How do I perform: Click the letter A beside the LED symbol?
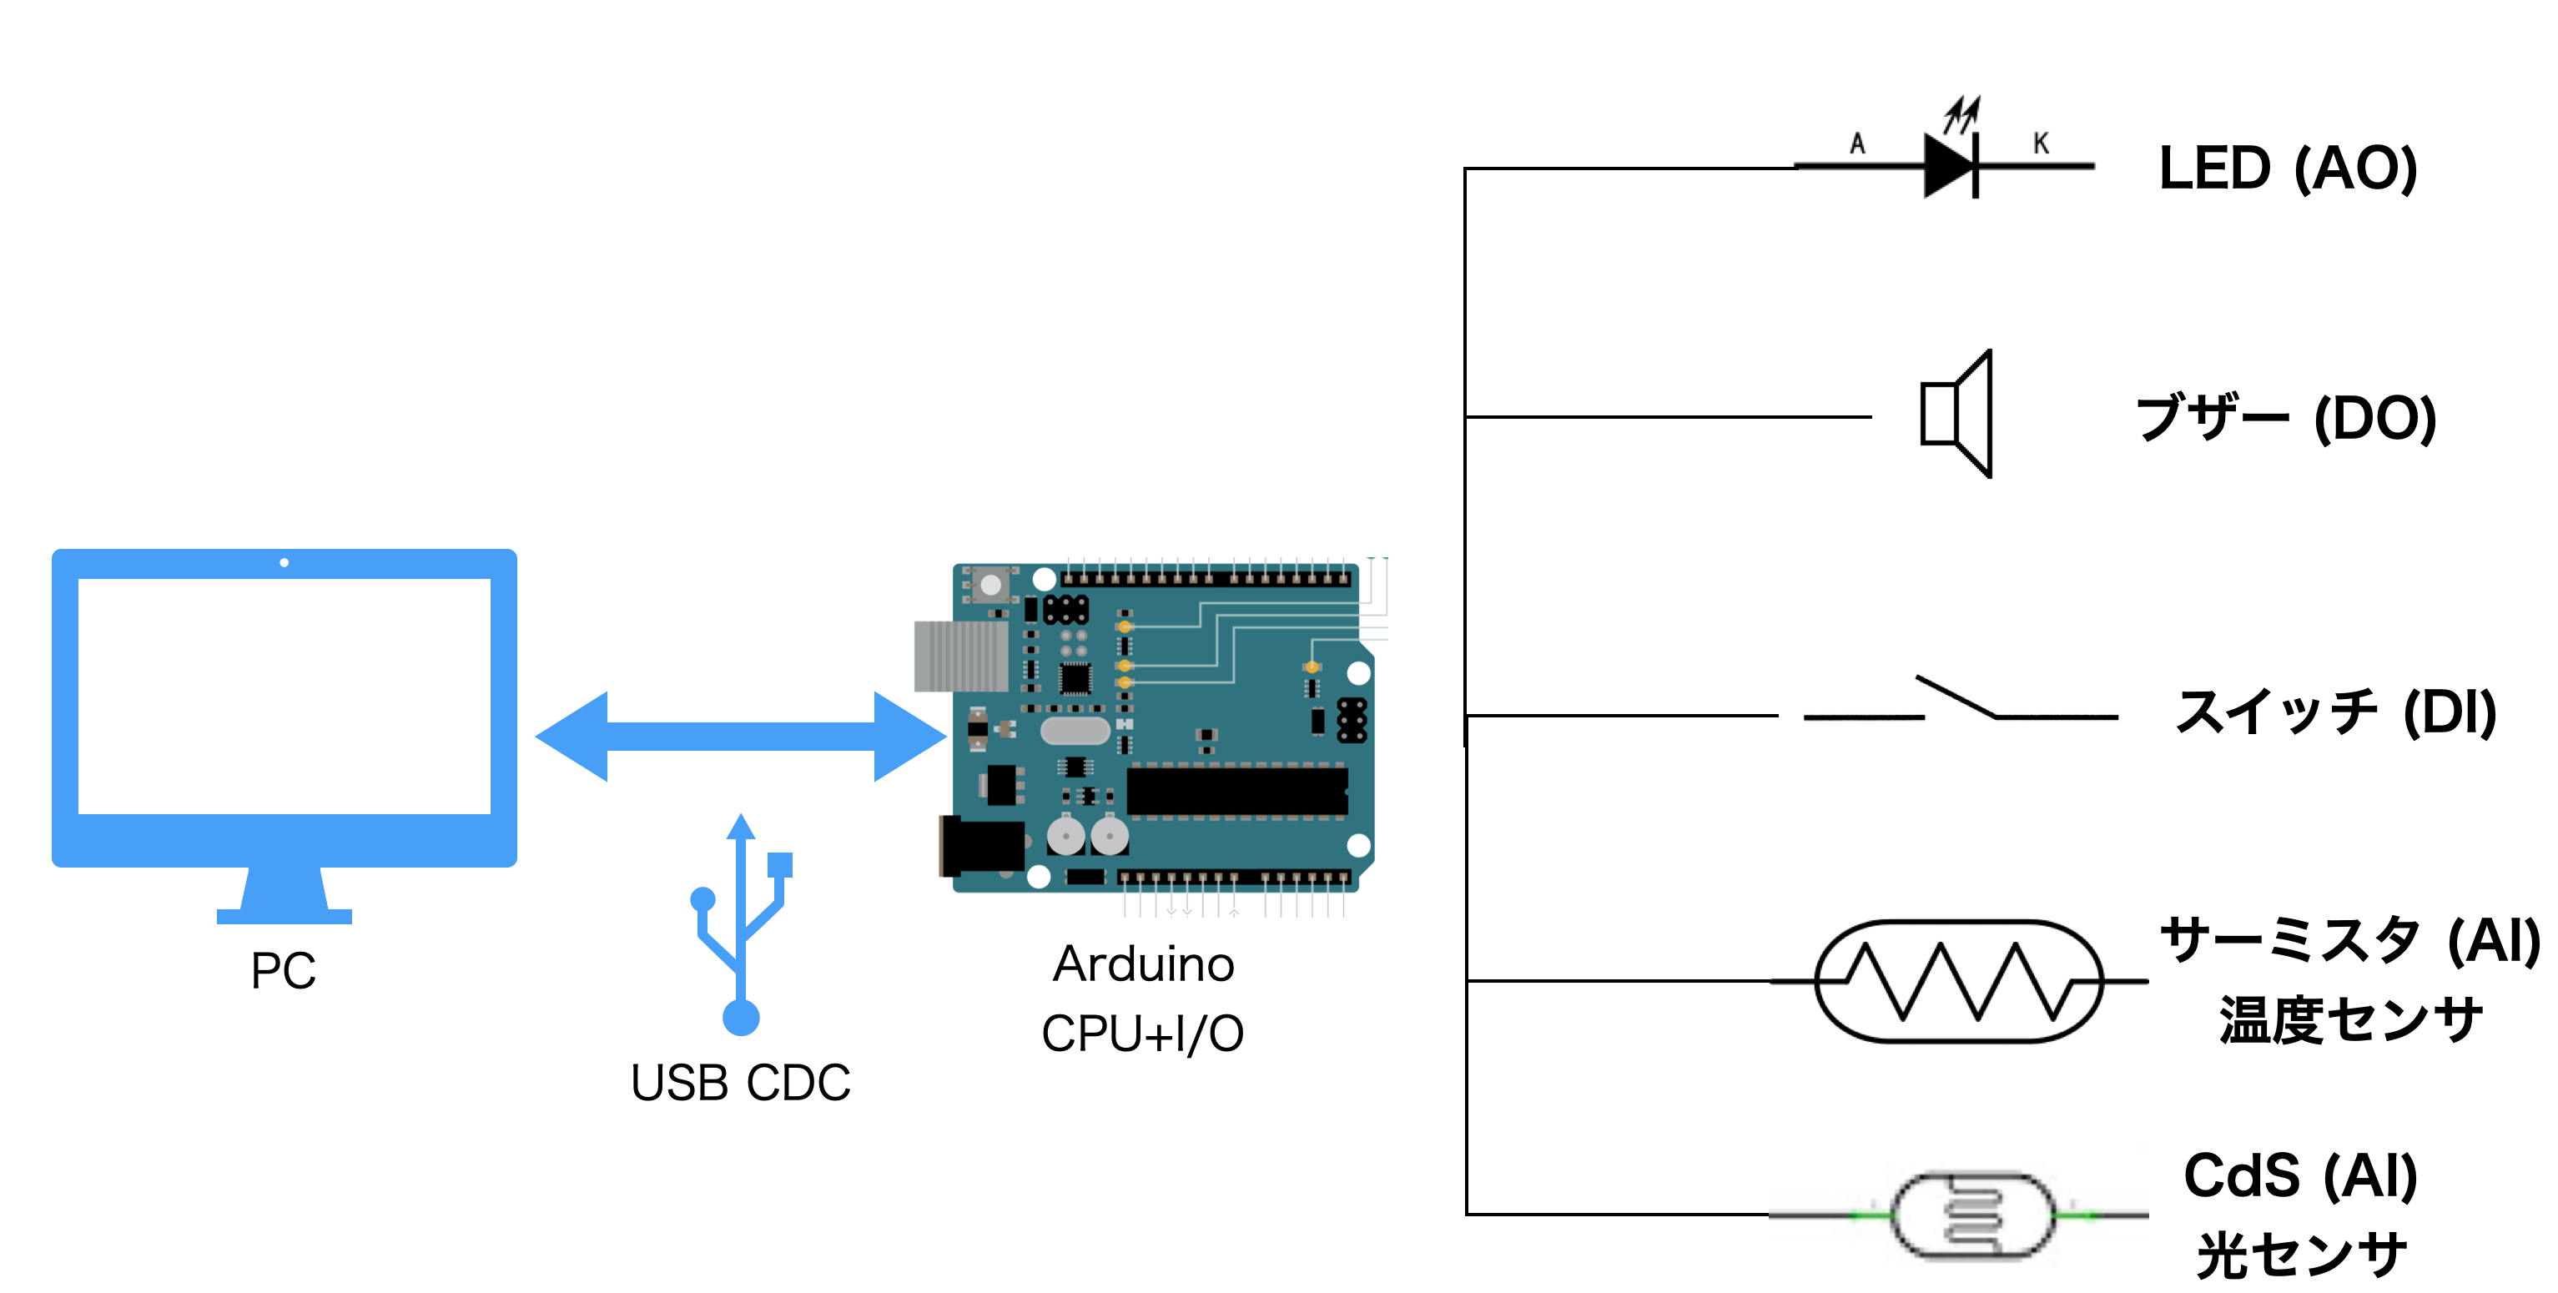pyautogui.click(x=1857, y=144)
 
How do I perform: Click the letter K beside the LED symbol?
pyautogui.click(x=2041, y=144)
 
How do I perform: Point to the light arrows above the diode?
pyautogui.click(x=1962, y=113)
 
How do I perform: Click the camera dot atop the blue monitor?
pyautogui.click(x=284, y=563)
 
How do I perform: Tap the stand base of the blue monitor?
pyautogui.click(x=284, y=916)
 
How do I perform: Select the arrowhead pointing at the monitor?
pyautogui.click(x=573, y=736)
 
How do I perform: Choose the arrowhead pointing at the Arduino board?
pyautogui.click(x=908, y=736)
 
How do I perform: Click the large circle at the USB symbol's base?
pyautogui.click(x=741, y=1018)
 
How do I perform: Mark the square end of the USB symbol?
pyautogui.click(x=781, y=865)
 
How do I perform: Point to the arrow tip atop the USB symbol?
pyautogui.click(x=741, y=826)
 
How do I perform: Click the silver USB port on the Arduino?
pyautogui.click(x=959, y=656)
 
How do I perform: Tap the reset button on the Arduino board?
pyautogui.click(x=990, y=585)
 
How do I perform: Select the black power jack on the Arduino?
pyautogui.click(x=981, y=846)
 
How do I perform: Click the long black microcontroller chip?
pyautogui.click(x=1236, y=792)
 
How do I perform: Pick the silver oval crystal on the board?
pyautogui.click(x=1075, y=731)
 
